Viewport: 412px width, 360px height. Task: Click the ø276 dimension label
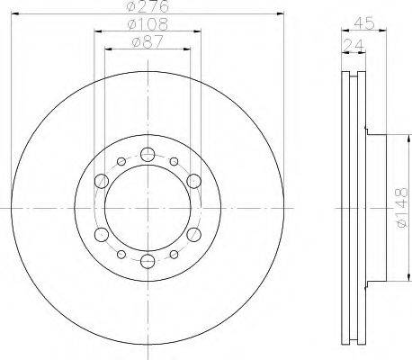tap(148, 6)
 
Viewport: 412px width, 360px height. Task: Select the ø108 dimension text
tap(148, 24)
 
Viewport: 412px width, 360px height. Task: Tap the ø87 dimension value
tap(148, 41)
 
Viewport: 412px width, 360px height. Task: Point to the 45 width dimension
tap(364, 23)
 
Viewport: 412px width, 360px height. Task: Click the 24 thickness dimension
tap(353, 45)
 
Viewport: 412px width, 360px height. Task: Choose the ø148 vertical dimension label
tap(401, 208)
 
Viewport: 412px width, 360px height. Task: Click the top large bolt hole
tap(148, 155)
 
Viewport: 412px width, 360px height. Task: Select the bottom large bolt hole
tap(148, 261)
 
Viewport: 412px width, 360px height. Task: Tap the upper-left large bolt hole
tap(102, 181)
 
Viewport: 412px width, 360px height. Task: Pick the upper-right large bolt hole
tap(193, 181)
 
